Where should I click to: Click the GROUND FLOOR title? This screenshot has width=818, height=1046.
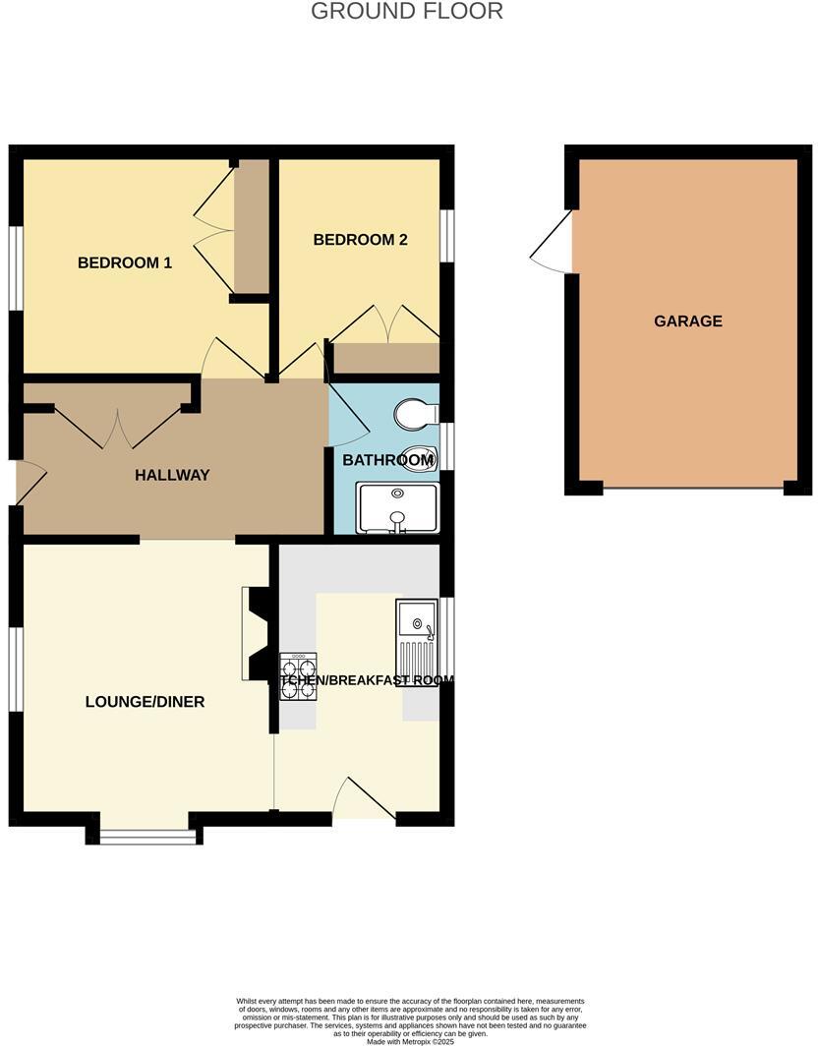[407, 12]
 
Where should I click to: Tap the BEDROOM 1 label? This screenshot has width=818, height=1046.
[125, 262]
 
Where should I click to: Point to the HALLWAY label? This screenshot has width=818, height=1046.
[172, 475]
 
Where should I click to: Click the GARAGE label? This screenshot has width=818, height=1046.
[688, 320]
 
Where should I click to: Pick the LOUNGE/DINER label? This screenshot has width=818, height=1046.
[145, 702]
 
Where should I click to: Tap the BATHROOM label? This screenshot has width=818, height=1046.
[387, 460]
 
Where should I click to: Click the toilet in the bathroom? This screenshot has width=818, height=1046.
[414, 414]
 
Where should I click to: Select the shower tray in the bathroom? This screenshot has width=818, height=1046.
[397, 507]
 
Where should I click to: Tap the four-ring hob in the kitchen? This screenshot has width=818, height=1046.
[299, 676]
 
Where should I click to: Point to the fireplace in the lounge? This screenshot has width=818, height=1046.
[258, 634]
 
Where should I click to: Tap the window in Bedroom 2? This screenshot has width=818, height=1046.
[446, 236]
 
